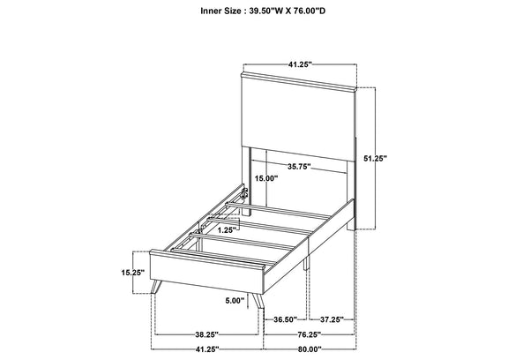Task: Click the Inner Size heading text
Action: click(x=263, y=11)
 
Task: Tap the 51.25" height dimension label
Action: click(x=375, y=159)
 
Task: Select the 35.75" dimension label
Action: click(x=299, y=167)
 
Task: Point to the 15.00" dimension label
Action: click(x=266, y=178)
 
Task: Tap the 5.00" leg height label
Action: click(x=235, y=301)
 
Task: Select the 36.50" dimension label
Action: click(x=286, y=319)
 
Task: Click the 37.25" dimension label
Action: click(x=332, y=319)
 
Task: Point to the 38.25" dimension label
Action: click(x=207, y=334)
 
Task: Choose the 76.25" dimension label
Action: click(x=309, y=334)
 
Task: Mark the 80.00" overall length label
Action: click(x=310, y=349)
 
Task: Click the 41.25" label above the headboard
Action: click(x=300, y=64)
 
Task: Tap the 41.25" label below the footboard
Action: click(x=207, y=349)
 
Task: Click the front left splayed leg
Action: click(x=156, y=286)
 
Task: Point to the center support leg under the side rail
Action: click(x=306, y=261)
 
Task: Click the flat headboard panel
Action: click(x=298, y=121)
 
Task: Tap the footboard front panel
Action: click(x=206, y=272)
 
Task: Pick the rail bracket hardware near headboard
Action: click(x=244, y=193)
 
